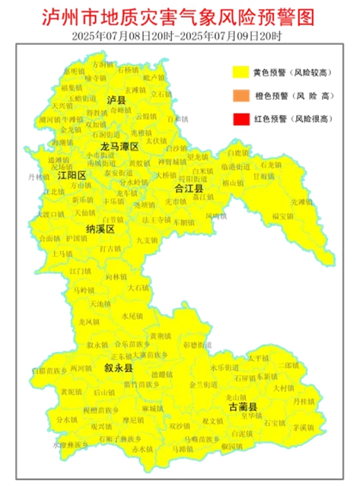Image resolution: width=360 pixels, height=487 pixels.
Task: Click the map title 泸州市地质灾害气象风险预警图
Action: [180, 15]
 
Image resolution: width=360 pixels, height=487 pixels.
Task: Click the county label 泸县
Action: [116, 100]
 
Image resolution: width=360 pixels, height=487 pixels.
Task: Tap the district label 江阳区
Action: [73, 175]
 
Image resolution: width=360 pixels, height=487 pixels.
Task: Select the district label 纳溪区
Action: [100, 228]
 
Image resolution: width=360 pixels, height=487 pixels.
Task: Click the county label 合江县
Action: [189, 187]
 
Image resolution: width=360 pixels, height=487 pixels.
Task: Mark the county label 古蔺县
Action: [244, 408]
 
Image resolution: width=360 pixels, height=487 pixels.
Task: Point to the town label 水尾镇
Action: [132, 315]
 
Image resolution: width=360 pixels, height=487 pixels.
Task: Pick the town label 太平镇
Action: [258, 357]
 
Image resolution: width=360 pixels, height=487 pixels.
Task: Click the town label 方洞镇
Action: [100, 65]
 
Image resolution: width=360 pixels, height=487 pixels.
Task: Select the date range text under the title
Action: [180, 36]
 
